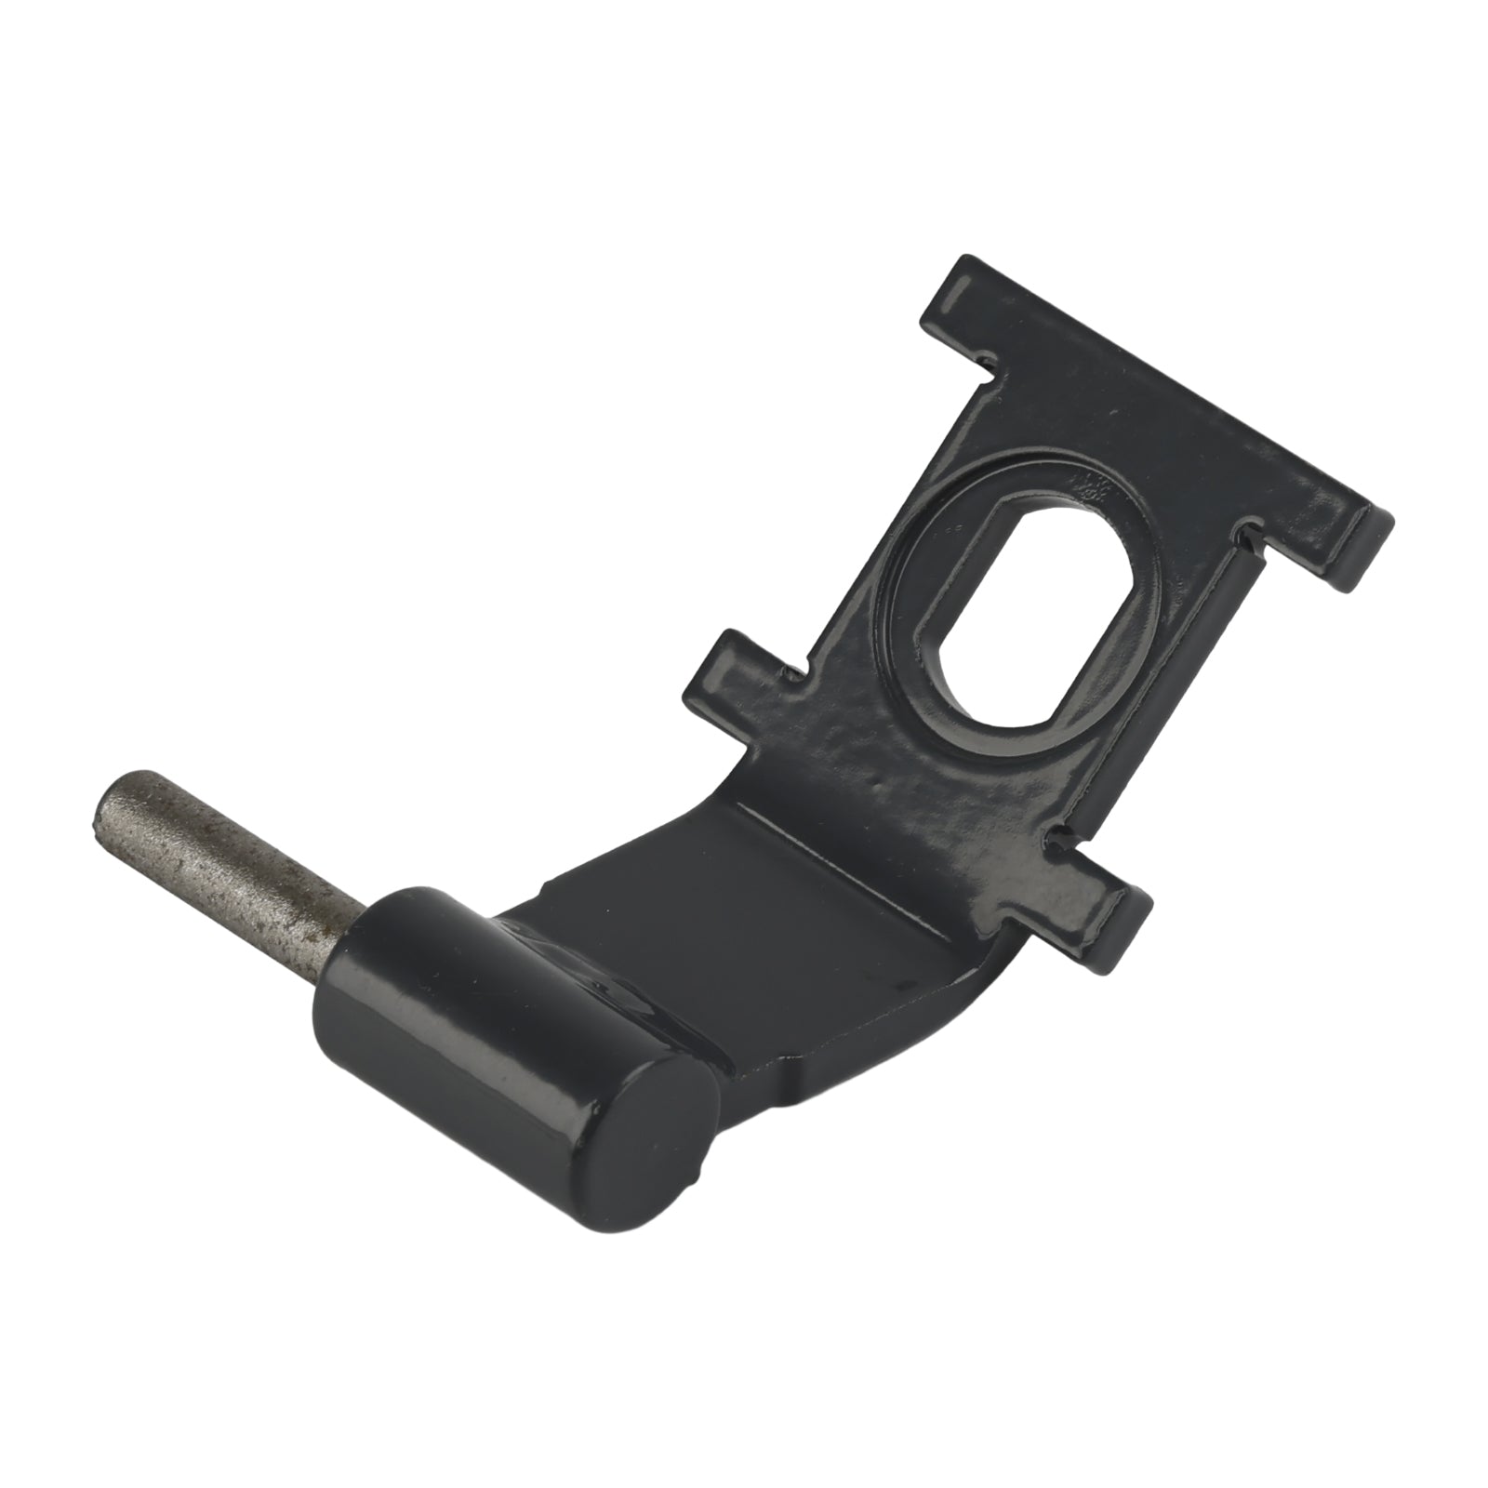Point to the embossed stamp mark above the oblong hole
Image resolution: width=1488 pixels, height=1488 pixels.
[1088, 484]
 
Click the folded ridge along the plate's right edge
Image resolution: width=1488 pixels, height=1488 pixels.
[1162, 688]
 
